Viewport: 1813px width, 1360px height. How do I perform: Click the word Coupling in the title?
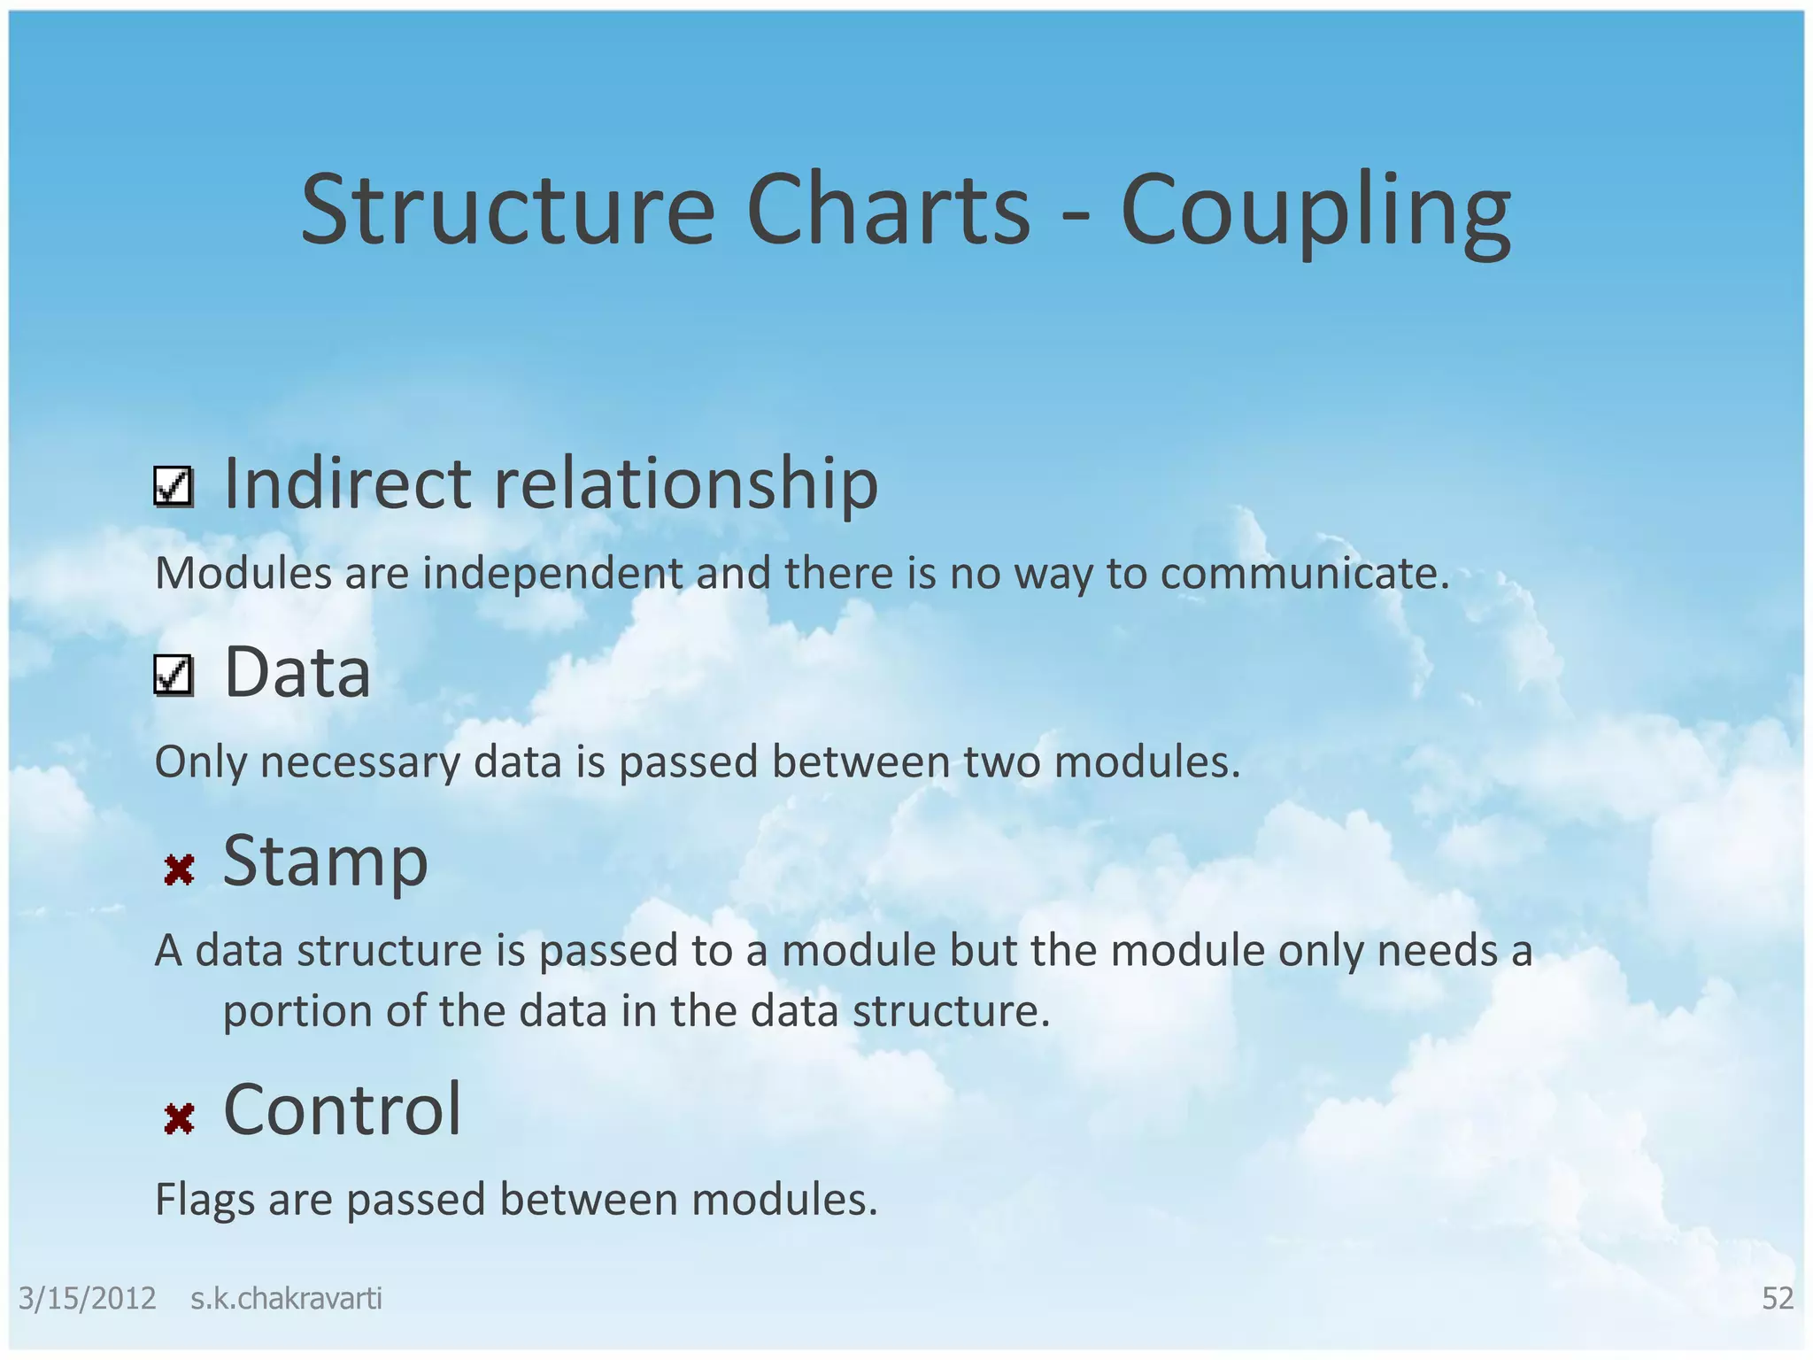click(1315, 212)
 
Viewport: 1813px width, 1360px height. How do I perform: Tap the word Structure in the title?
click(506, 212)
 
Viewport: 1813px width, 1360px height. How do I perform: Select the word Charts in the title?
click(888, 212)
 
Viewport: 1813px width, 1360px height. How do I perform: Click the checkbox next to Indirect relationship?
click(174, 487)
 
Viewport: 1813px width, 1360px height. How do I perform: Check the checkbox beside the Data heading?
click(174, 676)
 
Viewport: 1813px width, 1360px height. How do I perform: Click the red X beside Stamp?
click(179, 870)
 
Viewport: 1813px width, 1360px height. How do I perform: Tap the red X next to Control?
click(179, 1119)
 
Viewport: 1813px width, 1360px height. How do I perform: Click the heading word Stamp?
click(325, 862)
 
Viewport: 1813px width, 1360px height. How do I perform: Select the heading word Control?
click(343, 1109)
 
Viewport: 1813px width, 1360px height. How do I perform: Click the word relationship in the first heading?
click(686, 484)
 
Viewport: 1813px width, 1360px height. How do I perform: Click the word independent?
click(552, 574)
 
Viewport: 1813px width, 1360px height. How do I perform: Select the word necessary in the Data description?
click(360, 762)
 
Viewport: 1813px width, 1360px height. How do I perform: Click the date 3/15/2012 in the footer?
click(87, 1298)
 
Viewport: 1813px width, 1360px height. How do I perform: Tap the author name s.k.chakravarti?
click(286, 1298)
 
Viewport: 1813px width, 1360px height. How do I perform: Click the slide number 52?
click(1777, 1298)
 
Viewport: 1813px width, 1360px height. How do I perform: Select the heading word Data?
click(297, 673)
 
